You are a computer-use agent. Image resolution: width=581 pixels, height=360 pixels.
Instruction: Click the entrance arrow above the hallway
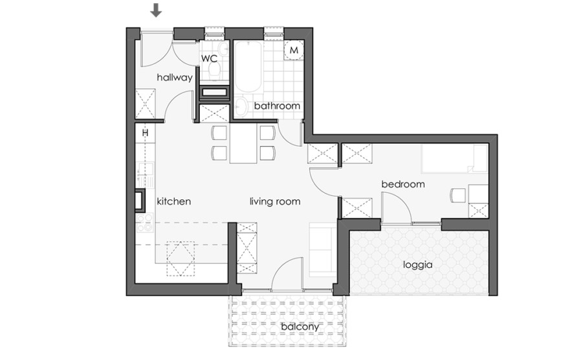click(155, 10)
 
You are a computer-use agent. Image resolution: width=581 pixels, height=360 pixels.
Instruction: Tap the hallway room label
click(175, 78)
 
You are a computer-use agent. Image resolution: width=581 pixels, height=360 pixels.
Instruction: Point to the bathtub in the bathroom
click(248, 67)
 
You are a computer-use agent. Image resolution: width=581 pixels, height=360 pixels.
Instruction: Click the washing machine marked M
click(294, 50)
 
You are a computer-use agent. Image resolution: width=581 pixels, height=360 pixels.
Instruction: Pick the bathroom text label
click(276, 106)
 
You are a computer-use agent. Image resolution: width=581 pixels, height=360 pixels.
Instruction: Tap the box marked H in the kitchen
click(145, 133)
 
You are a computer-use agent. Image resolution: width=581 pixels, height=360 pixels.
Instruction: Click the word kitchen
click(173, 201)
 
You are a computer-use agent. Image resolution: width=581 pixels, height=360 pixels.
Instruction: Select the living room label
click(275, 201)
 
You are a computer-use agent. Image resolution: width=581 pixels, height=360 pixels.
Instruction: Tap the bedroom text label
click(402, 185)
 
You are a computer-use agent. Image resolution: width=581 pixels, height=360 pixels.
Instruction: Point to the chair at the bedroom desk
click(458, 195)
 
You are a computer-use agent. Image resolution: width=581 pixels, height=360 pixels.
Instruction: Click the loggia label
click(417, 264)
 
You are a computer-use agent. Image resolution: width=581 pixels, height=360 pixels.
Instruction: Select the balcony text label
click(300, 327)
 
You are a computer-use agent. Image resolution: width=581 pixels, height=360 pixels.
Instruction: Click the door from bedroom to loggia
click(396, 208)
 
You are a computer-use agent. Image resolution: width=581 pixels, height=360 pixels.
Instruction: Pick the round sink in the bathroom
click(241, 108)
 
